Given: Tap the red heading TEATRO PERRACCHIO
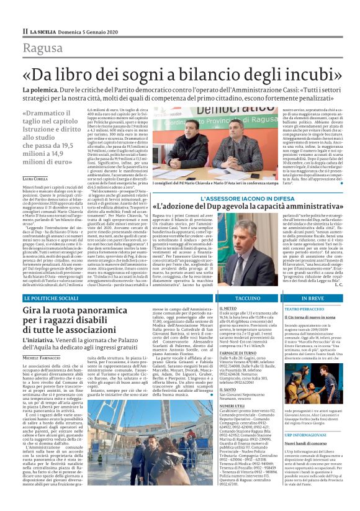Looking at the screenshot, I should pyautogui.click(x=307, y=308).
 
